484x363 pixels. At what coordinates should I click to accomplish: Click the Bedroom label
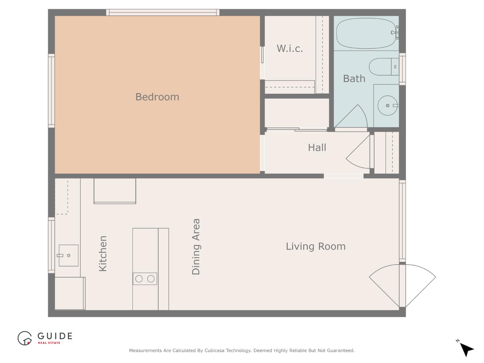pyautogui.click(x=157, y=97)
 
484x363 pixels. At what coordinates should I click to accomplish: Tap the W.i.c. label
pyautogui.click(x=290, y=48)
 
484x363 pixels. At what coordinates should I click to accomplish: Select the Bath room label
pyautogui.click(x=354, y=79)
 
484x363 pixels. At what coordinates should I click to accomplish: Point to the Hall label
pyautogui.click(x=317, y=148)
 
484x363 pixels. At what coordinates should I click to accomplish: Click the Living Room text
pyautogui.click(x=316, y=246)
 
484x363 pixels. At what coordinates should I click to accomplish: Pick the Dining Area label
pyautogui.click(x=196, y=247)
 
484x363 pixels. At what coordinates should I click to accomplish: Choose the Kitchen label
pyautogui.click(x=103, y=253)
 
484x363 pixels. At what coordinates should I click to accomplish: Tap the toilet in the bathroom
pyautogui.click(x=384, y=67)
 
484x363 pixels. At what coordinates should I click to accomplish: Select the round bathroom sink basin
pyautogui.click(x=388, y=105)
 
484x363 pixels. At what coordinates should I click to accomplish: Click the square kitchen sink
pyautogui.click(x=68, y=255)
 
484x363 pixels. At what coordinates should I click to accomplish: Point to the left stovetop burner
pyautogui.click(x=139, y=279)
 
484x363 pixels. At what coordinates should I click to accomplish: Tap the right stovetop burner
pyautogui.click(x=151, y=279)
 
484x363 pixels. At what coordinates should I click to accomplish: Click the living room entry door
pyautogui.click(x=402, y=286)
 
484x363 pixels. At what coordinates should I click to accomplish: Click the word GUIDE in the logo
pyautogui.click(x=55, y=336)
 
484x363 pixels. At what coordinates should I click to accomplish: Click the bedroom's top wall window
pyautogui.click(x=163, y=12)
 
